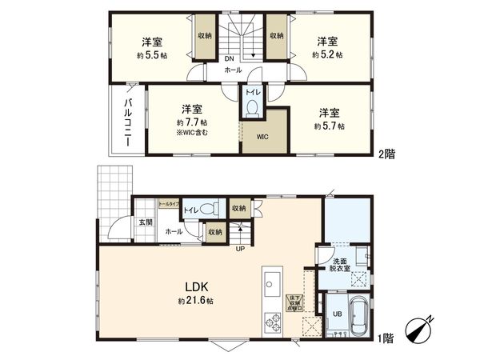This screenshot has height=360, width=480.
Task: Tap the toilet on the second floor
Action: pyautogui.click(x=252, y=106)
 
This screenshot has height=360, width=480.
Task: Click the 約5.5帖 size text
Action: pyautogui.click(x=153, y=55)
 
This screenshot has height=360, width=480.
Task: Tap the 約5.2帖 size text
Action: pyautogui.click(x=327, y=55)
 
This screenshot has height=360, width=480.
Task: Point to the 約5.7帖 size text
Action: pyautogui.click(x=328, y=126)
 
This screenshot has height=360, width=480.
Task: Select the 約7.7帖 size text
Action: pyautogui.click(x=190, y=122)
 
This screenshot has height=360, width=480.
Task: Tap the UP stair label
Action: pyautogui.click(x=239, y=248)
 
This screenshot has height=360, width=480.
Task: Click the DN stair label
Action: pyautogui.click(x=228, y=59)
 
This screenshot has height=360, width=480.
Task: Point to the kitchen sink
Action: pyautogui.click(x=268, y=283)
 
